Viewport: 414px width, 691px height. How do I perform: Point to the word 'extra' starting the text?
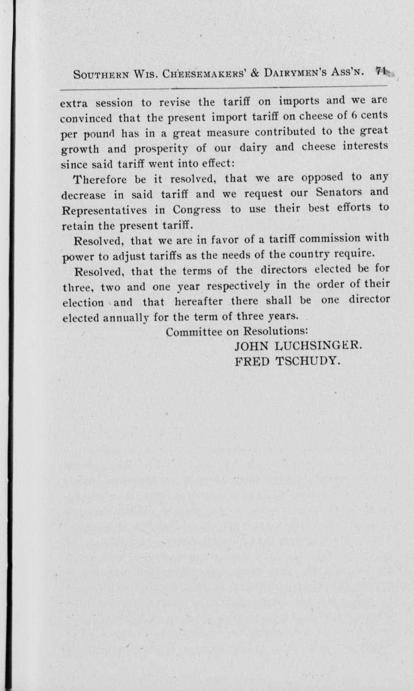coord(74,104)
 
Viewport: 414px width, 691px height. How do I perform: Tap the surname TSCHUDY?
coord(308,360)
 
